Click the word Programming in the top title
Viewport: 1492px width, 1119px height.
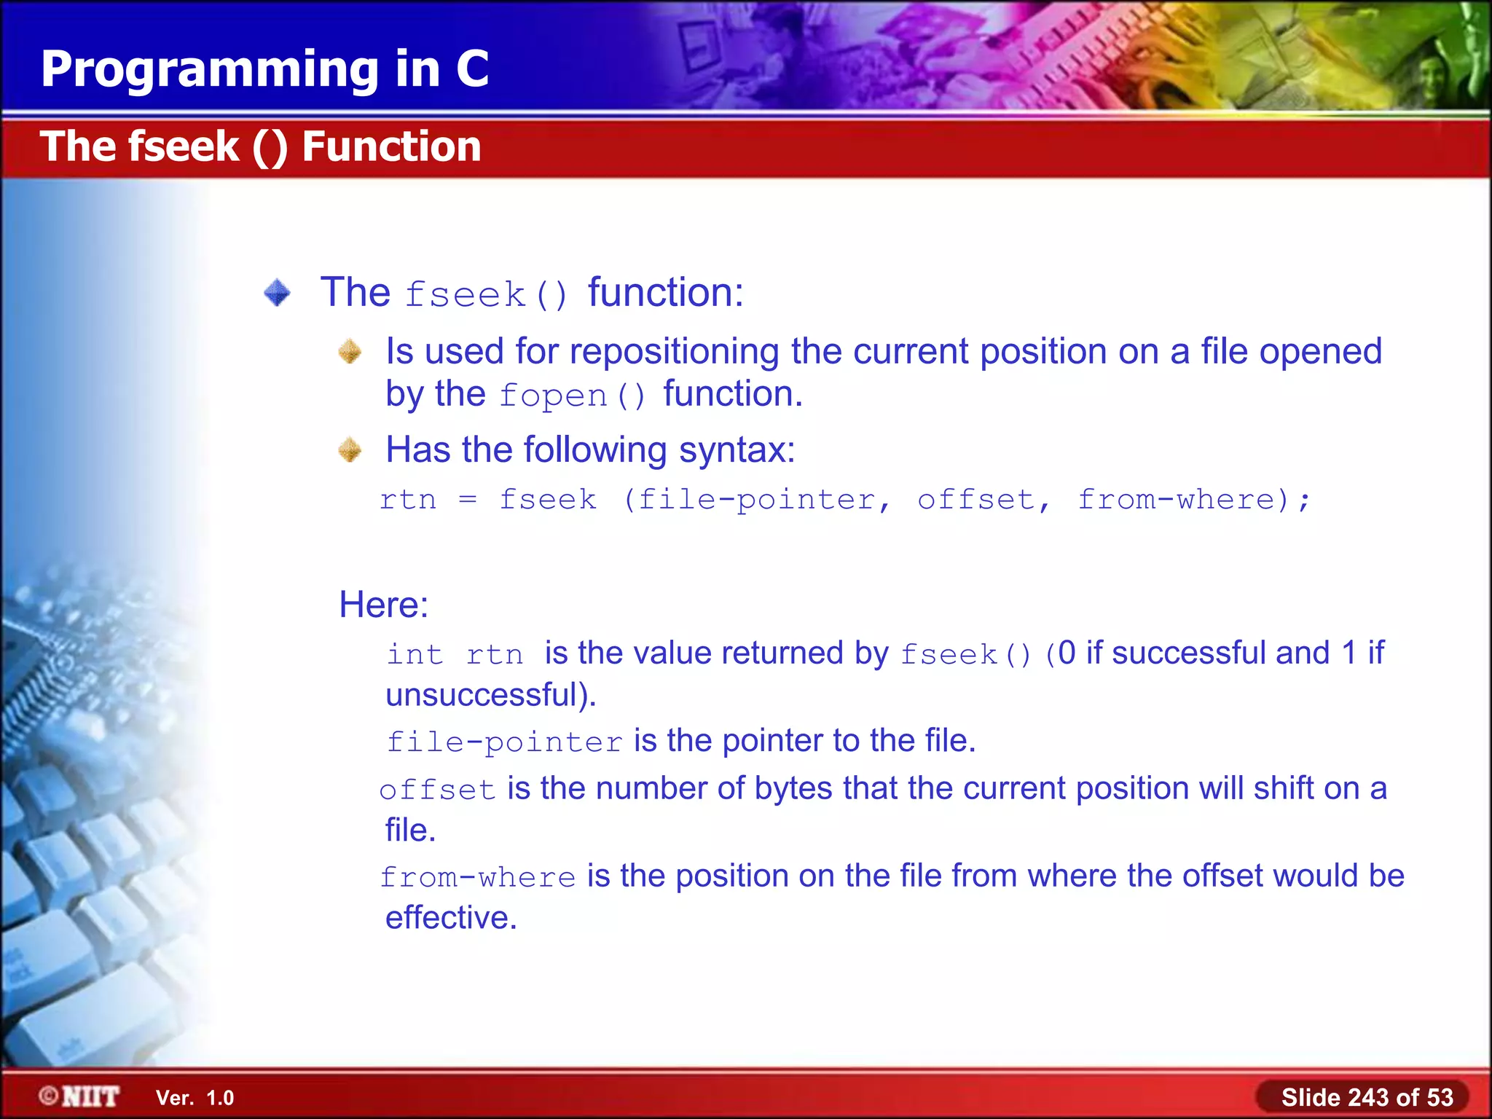click(210, 71)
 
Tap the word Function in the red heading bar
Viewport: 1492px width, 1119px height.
click(391, 146)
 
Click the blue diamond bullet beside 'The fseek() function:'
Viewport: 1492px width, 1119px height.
click(277, 293)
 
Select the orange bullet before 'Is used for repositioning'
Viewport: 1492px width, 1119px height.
click(350, 352)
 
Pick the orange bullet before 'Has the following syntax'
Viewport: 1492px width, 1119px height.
click(350, 450)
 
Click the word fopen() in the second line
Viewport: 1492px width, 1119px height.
click(573, 396)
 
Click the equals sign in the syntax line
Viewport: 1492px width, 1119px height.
click(468, 500)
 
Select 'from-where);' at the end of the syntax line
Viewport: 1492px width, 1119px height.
click(1193, 500)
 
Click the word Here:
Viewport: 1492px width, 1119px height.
click(384, 605)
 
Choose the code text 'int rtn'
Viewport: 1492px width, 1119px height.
click(455, 654)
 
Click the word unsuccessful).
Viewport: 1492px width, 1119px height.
click(490, 695)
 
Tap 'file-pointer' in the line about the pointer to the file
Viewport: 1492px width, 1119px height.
click(504, 742)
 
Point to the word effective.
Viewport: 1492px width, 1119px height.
click(450, 918)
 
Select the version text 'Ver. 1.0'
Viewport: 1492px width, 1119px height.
click(195, 1098)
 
